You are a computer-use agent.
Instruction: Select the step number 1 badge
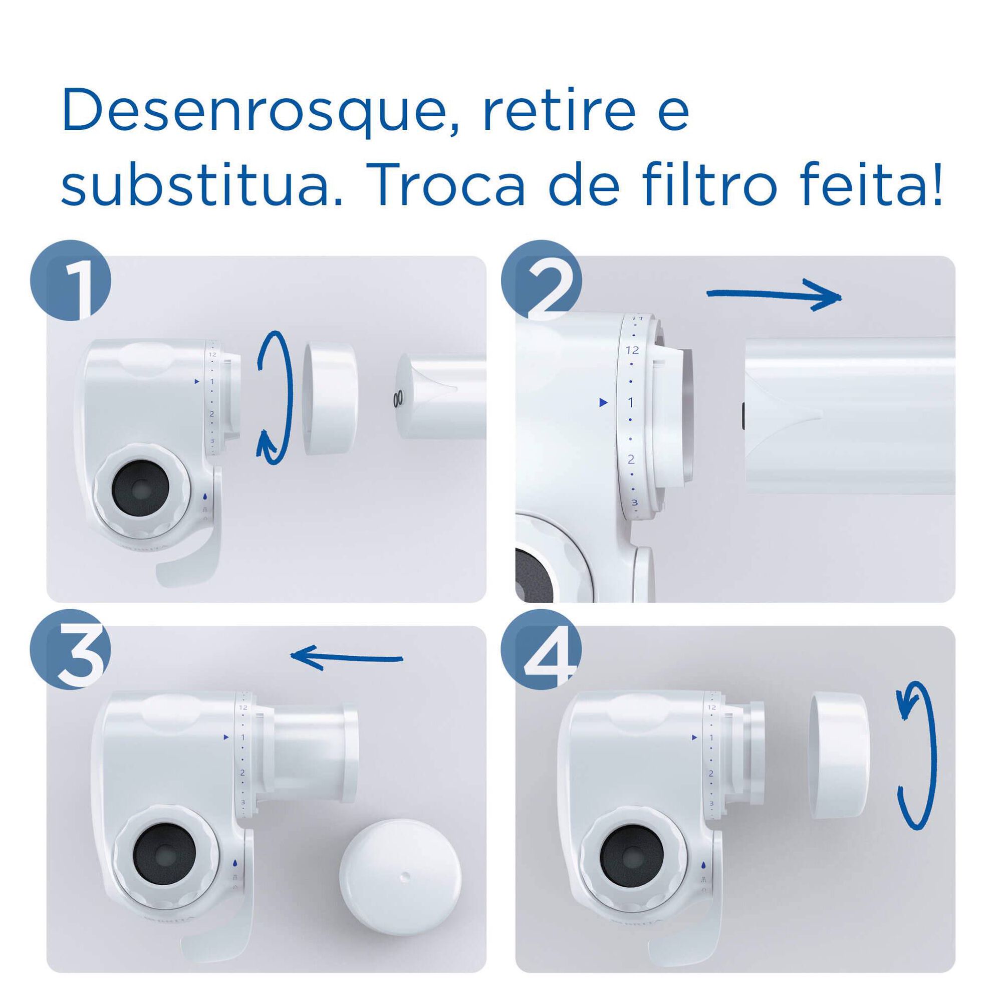[72, 281]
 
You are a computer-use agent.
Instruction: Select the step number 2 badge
[542, 281]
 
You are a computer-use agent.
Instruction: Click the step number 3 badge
[72, 650]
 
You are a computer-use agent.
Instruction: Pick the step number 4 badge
[542, 650]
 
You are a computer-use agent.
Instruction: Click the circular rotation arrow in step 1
[275, 395]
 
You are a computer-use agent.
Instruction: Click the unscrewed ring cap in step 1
[330, 397]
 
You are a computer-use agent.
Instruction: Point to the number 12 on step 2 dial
[632, 350]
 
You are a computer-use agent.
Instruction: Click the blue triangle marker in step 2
[603, 402]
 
